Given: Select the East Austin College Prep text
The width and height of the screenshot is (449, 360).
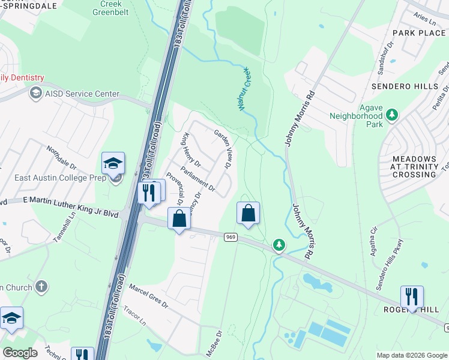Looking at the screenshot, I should pos(53,177).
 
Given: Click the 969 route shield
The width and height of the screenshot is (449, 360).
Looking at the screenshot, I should pos(232,237).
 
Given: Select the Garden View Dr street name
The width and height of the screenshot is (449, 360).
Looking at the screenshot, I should pos(224,150).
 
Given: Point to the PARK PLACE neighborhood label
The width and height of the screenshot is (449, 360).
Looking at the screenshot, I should pos(418,32).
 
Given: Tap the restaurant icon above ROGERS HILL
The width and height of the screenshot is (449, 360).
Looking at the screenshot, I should pos(412,296).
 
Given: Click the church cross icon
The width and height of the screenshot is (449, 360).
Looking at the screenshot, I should pos(41,287).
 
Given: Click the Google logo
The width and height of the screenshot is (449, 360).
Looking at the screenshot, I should pos(20,353).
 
